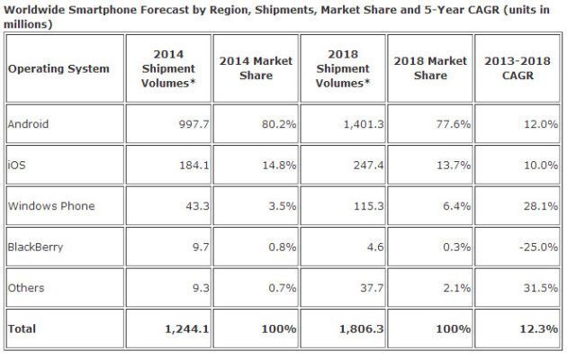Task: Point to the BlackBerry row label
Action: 35,247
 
